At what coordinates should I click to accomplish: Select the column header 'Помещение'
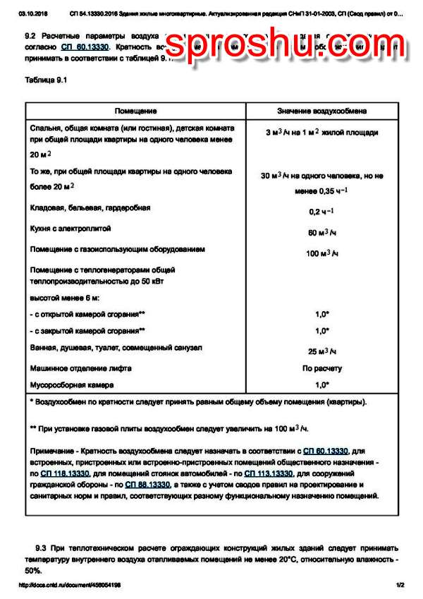pyautogui.click(x=136, y=111)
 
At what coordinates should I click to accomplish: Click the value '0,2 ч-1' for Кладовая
pyautogui.click(x=321, y=211)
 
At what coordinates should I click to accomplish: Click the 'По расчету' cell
pyautogui.click(x=322, y=368)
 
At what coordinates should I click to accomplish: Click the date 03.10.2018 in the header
pyautogui.click(x=32, y=13)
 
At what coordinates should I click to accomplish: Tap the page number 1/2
pyautogui.click(x=400, y=585)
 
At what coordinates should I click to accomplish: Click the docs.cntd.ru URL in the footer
pyautogui.click(x=69, y=585)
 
